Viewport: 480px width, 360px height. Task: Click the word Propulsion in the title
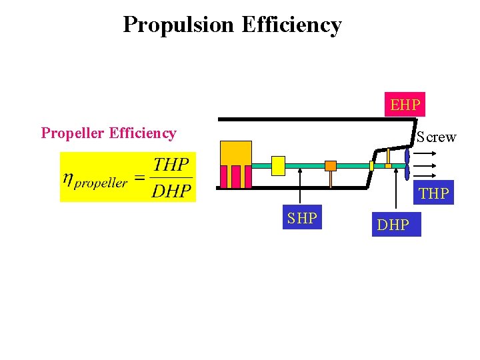179,25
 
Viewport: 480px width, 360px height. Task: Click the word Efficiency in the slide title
291,25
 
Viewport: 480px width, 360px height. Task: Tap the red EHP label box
405,105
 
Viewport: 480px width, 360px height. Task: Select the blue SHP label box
302,217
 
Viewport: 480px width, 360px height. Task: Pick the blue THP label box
433,193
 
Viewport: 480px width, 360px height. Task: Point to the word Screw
437,137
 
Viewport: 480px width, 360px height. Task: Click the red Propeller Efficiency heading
109,133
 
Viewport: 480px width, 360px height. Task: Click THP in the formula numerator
171,164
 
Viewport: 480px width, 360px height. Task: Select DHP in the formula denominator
171,191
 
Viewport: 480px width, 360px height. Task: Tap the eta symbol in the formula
67,178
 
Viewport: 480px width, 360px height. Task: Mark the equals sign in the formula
139,177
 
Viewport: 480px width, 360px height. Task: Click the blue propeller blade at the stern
407,164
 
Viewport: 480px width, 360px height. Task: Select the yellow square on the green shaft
279,165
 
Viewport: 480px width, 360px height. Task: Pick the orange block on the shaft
330,165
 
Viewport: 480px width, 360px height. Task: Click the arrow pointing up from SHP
301,187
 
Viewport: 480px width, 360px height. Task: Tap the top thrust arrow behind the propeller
425,152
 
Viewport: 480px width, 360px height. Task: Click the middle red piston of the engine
235,177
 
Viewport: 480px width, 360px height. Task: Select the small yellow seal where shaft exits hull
372,165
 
